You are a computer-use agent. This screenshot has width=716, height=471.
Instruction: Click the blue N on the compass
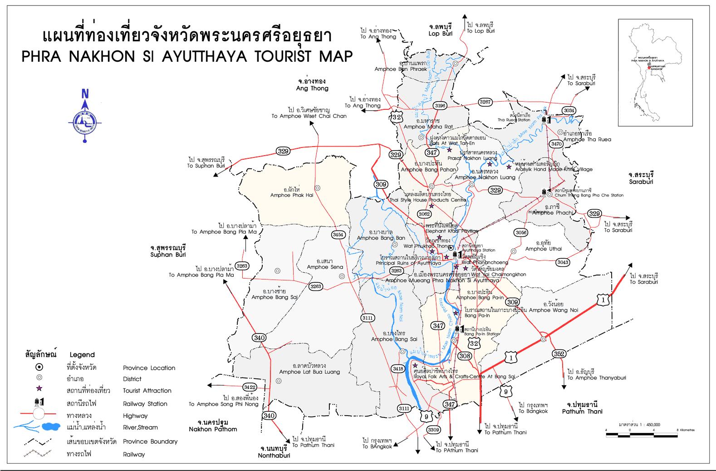[85, 94]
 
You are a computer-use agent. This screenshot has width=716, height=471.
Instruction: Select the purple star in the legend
[39, 390]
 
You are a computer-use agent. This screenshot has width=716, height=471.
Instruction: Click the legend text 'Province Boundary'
[150, 442]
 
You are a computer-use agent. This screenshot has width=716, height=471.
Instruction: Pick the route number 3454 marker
[338, 235]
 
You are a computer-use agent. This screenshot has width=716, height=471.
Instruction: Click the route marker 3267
[486, 102]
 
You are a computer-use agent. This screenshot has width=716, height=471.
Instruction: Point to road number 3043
[563, 262]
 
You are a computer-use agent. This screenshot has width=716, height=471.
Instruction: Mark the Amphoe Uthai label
[543, 249]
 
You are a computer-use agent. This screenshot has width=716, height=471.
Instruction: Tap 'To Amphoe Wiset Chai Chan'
[309, 116]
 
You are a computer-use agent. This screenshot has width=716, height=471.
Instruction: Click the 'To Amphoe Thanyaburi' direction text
[597, 378]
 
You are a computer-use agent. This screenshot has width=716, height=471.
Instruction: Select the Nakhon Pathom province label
[213, 429]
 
